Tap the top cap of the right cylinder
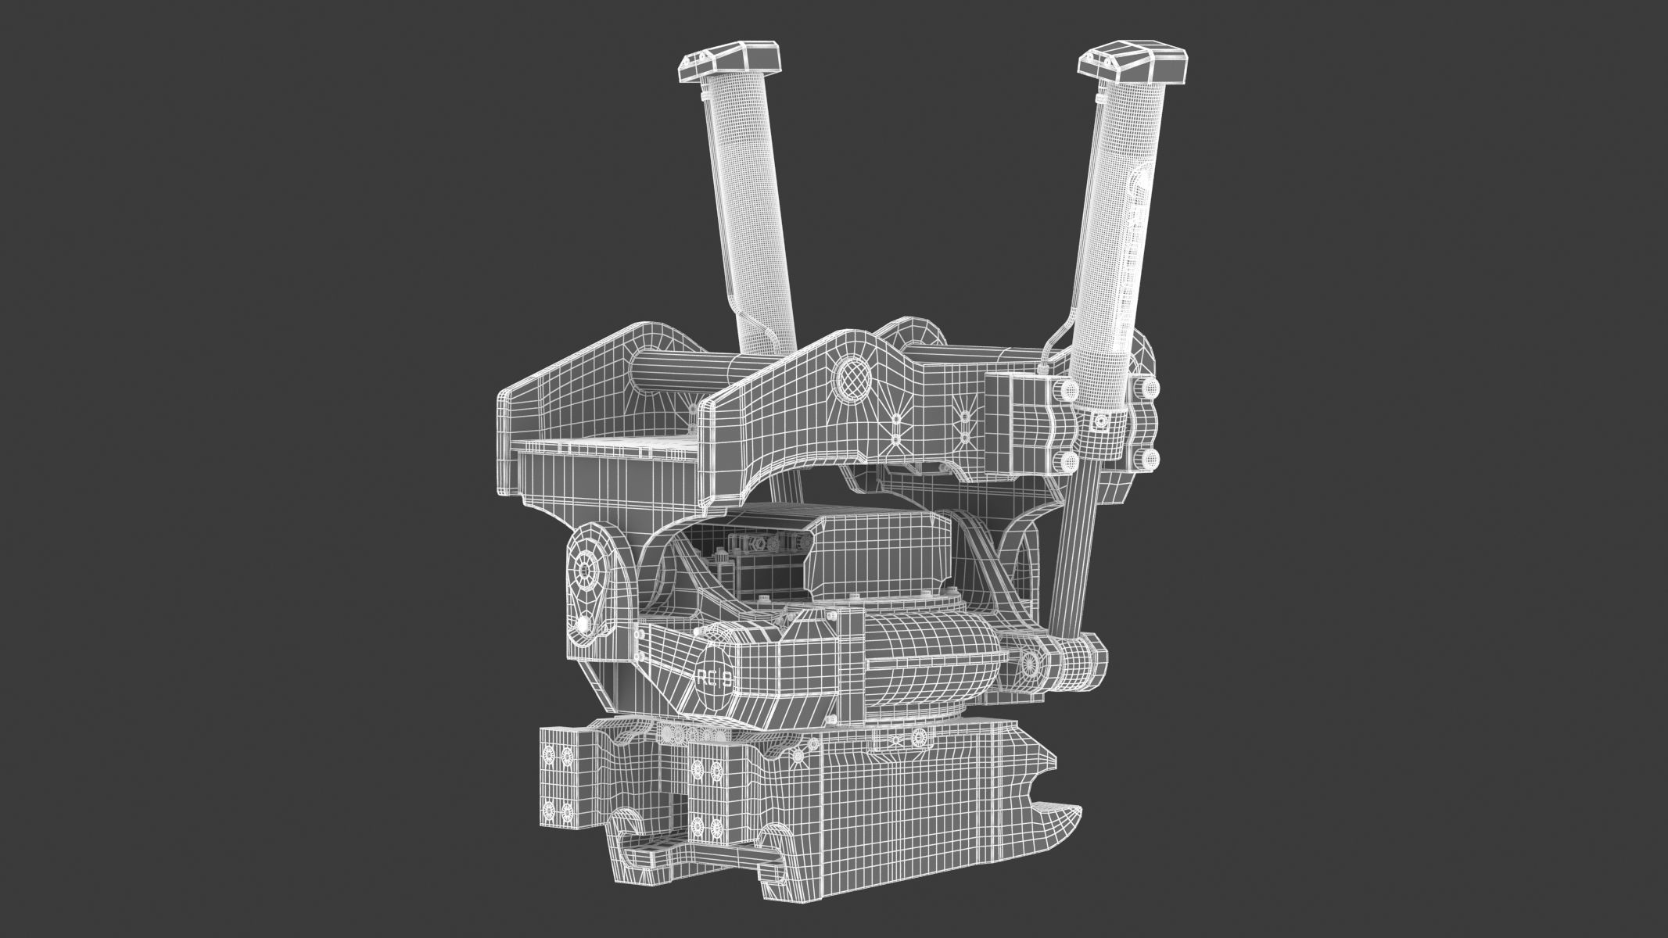pos(1135,66)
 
